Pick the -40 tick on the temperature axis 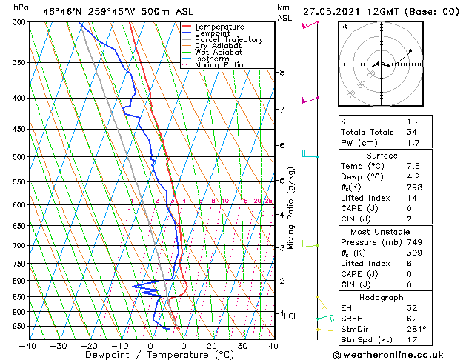[28, 346]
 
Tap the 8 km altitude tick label [282, 73]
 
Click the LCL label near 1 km [290, 316]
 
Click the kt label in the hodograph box [344, 27]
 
